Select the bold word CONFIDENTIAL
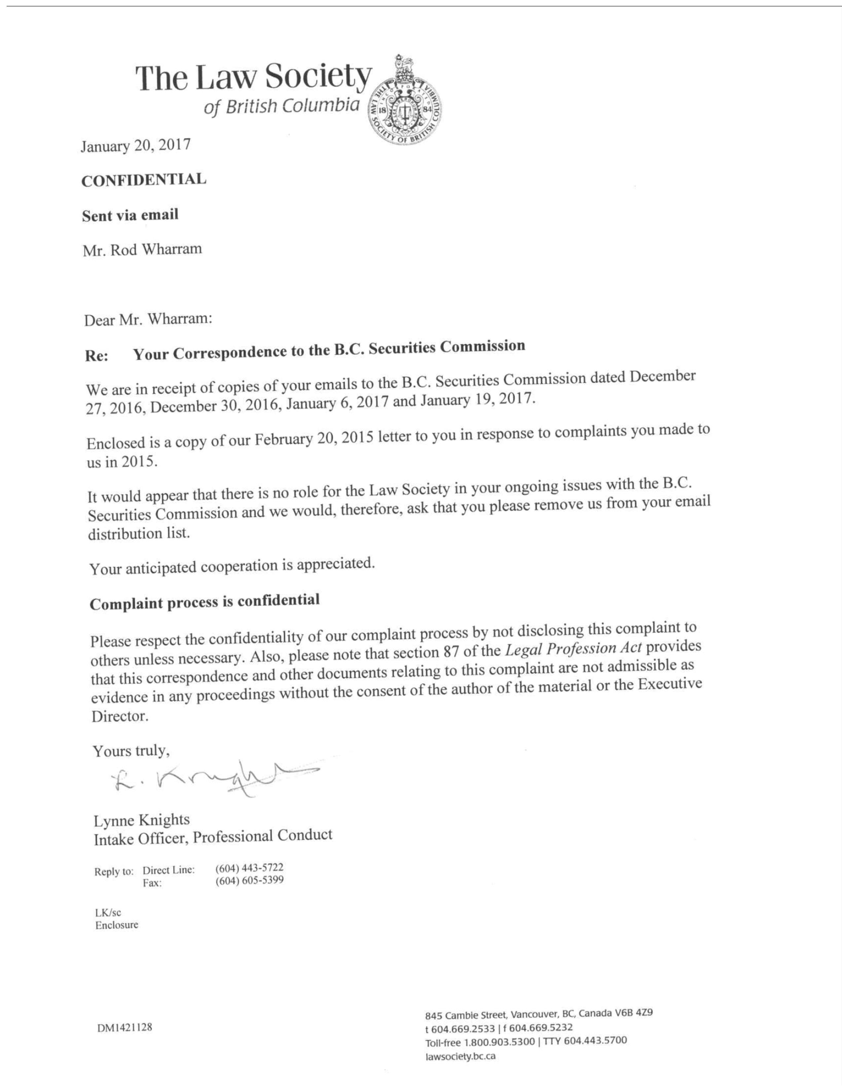point(144,180)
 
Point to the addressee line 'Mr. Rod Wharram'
point(142,249)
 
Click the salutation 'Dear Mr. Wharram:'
point(148,319)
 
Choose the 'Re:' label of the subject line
point(96,356)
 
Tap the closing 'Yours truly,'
point(131,751)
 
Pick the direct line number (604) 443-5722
point(249,868)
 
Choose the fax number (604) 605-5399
point(249,880)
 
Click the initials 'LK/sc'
point(108,912)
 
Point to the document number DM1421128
point(125,1028)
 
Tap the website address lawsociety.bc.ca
point(460,1056)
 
